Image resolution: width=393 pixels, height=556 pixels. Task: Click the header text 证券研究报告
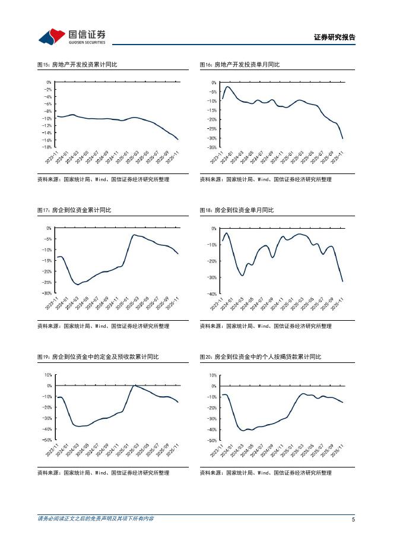coord(334,37)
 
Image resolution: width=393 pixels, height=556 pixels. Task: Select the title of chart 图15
coord(77,64)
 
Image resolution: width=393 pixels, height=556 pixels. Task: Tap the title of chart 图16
coord(239,64)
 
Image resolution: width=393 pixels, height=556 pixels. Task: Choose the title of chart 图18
coord(236,210)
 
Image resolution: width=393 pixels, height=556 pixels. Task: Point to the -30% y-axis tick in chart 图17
coord(47,293)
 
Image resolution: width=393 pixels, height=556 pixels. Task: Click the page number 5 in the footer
coord(353,519)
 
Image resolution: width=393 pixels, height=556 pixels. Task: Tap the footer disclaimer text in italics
coord(95,519)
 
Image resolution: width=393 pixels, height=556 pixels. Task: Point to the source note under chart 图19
coord(103,473)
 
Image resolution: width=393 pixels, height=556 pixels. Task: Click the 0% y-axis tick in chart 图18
coord(214,228)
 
